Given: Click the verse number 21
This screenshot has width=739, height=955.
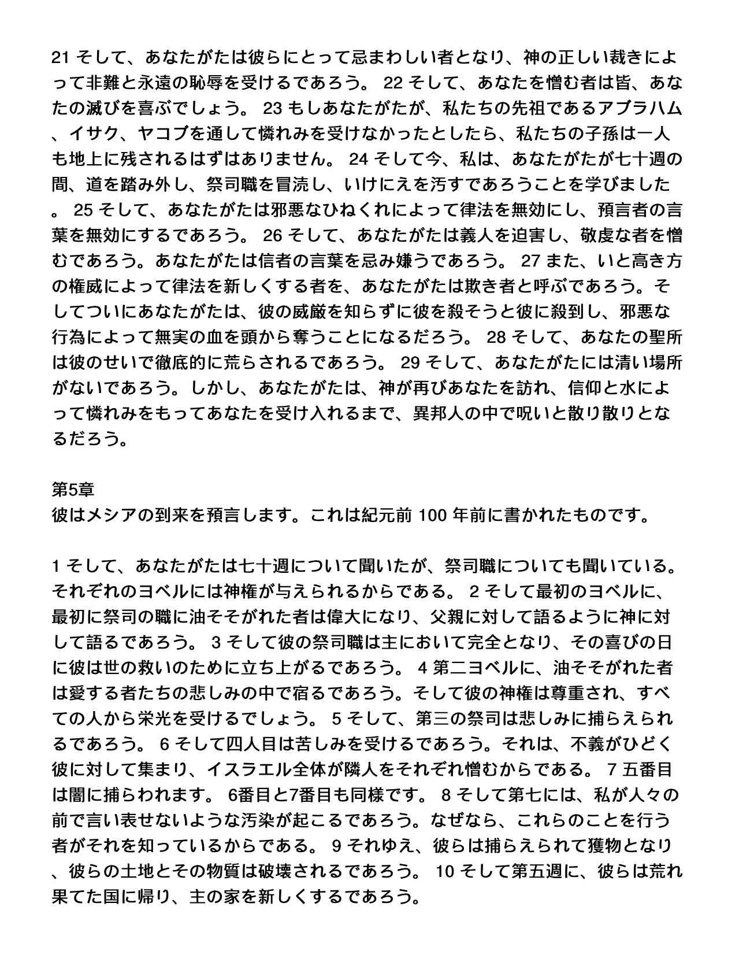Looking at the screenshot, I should point(61,57).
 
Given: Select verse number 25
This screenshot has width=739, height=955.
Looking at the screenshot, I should point(83,210).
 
